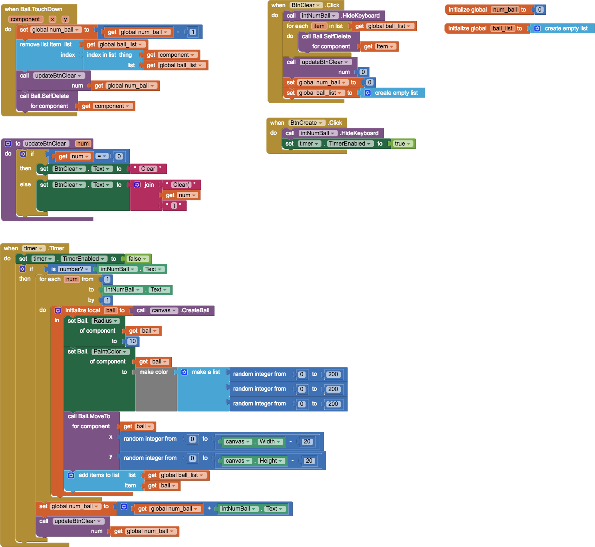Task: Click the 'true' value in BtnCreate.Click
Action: [x=402, y=144]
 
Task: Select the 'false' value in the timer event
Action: [x=137, y=259]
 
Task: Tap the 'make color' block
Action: [x=154, y=372]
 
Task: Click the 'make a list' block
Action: [x=205, y=372]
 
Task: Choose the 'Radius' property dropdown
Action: [x=105, y=321]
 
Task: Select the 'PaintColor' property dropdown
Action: [x=110, y=351]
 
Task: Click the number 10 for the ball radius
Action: [x=132, y=341]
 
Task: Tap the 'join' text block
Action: [x=149, y=185]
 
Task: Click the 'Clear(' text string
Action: [x=182, y=185]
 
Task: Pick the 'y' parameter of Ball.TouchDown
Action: [x=65, y=19]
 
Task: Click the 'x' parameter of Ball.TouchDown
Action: [x=52, y=19]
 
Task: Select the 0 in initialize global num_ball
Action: [x=539, y=10]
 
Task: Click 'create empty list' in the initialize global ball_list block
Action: [x=566, y=28]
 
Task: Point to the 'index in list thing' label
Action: [x=109, y=55]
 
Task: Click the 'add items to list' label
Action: [x=99, y=475]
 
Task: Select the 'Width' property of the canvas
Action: [x=270, y=441]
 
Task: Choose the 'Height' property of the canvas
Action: [x=271, y=461]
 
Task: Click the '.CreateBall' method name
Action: [x=195, y=310]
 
